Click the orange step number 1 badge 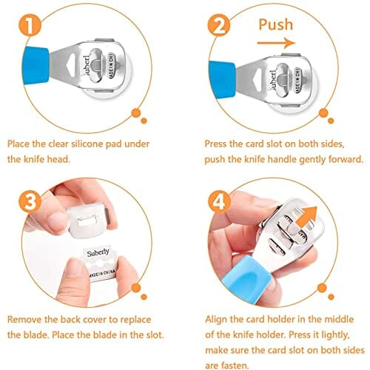pyautogui.click(x=30, y=26)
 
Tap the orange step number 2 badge pyautogui.click(x=219, y=25)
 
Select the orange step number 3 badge pyautogui.click(x=30, y=202)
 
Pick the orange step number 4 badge pyautogui.click(x=219, y=201)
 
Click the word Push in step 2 pyautogui.click(x=276, y=24)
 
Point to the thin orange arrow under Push pyautogui.click(x=276, y=43)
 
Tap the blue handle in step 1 pyautogui.click(x=36, y=65)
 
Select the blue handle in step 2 pyautogui.click(x=222, y=80)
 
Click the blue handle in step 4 pyautogui.click(x=247, y=280)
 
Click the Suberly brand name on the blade pyautogui.click(x=98, y=252)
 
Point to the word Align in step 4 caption pyautogui.click(x=216, y=320)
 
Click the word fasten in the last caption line pyautogui.click(x=235, y=366)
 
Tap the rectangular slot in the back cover pyautogui.click(x=88, y=221)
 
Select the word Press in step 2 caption pyautogui.click(x=215, y=144)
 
